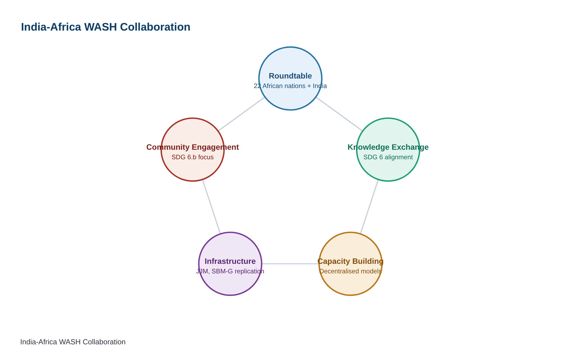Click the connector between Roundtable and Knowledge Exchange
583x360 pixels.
click(339, 114)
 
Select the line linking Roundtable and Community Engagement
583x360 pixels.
click(241, 114)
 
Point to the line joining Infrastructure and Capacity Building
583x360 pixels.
click(290, 264)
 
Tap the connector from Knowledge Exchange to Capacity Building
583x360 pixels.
click(369, 207)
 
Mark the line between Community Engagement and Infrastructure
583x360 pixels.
click(211, 207)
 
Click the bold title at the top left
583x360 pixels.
click(106, 27)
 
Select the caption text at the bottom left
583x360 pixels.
click(73, 342)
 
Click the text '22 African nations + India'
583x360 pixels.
click(290, 86)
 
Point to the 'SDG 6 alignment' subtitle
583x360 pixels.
click(388, 157)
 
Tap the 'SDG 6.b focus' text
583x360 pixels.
click(193, 157)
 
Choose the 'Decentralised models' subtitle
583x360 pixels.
click(351, 271)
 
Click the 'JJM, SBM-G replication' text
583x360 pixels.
click(230, 271)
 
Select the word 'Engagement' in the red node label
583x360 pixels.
click(215, 147)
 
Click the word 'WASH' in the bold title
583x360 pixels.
click(100, 27)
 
